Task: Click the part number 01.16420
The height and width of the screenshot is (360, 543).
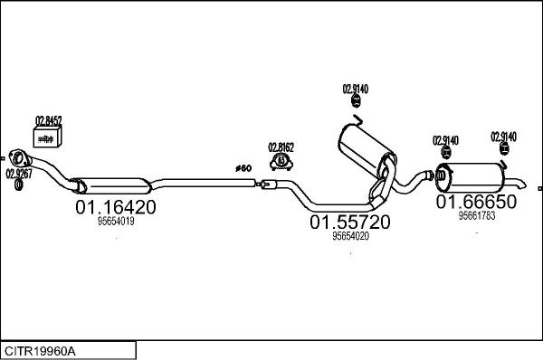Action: [115, 206]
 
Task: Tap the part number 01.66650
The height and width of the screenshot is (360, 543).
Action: [476, 202]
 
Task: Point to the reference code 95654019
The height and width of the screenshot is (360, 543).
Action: [115, 222]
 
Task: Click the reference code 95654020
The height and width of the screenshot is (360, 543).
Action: [350, 236]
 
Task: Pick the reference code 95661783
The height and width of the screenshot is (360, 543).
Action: [476, 215]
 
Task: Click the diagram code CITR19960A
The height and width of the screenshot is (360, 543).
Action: [41, 350]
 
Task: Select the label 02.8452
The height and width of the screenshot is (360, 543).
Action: [48, 119]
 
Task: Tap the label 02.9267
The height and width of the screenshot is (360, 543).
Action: [18, 172]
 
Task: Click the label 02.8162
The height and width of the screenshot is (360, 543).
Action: [281, 147]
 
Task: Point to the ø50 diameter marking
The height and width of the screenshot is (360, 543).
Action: [243, 168]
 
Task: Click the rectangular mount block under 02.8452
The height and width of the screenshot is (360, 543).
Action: [47, 137]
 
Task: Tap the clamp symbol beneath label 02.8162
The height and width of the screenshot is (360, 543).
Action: [281, 161]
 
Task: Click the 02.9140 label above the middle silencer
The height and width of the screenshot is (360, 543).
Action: [355, 89]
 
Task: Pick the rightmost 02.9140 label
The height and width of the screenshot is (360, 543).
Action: [504, 137]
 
